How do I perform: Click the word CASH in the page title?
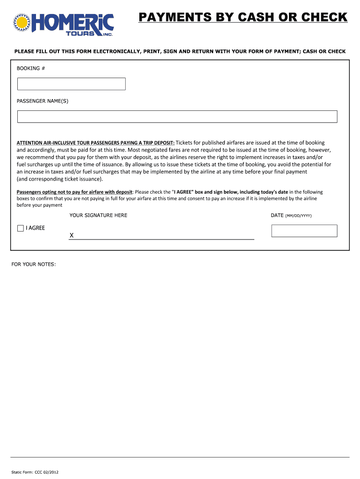(255, 18)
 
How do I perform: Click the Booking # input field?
(72, 84)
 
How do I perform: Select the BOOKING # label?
(31, 68)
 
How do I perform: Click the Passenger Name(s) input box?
(177, 116)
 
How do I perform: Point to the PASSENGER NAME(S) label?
(43, 101)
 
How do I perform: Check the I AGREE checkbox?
(20, 228)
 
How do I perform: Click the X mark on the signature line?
(72, 236)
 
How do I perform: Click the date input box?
(304, 231)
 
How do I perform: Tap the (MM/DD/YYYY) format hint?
(298, 216)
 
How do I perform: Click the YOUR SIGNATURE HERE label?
(98, 215)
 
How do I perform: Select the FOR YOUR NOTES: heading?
(34, 264)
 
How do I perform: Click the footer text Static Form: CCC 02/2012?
(35, 472)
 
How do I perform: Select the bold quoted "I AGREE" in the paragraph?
(183, 192)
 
